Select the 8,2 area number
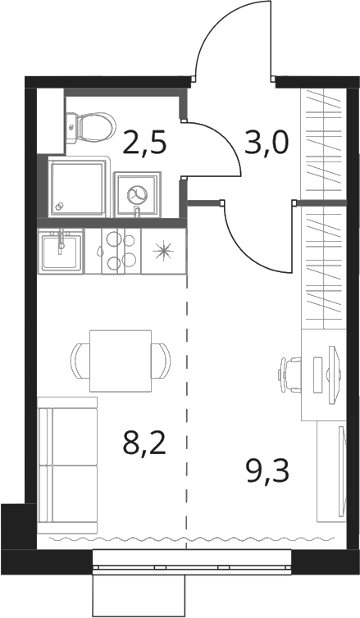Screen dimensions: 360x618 [x=144, y=443]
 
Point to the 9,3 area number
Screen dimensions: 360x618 [x=267, y=471]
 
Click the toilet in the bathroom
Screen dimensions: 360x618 [x=91, y=128]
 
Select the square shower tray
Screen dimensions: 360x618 [x=79, y=186]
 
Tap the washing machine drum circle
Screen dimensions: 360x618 [x=137, y=193]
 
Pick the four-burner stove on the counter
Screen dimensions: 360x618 [x=121, y=251]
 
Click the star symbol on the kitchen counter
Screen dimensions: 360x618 [x=163, y=251]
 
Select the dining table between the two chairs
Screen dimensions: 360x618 [x=121, y=361]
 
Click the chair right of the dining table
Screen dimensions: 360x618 [x=162, y=361]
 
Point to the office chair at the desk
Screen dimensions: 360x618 [x=290, y=375]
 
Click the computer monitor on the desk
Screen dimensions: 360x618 [x=333, y=375]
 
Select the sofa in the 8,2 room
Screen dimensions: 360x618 [x=67, y=465]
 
